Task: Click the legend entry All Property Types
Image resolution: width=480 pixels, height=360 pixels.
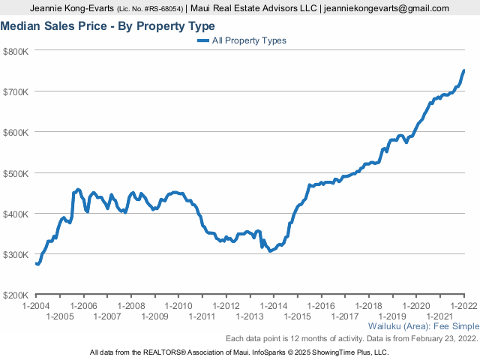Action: pos(249,40)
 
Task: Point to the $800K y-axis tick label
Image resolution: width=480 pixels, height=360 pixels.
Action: pos(16,51)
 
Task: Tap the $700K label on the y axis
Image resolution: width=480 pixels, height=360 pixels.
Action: pos(16,91)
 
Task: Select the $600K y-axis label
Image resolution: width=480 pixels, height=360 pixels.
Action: pos(16,132)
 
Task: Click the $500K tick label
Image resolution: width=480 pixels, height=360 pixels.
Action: pos(16,173)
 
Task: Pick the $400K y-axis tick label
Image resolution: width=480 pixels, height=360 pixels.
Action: pos(16,214)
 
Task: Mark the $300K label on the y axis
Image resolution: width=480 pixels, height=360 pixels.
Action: pos(16,254)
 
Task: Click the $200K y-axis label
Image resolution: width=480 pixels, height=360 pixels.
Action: pos(16,295)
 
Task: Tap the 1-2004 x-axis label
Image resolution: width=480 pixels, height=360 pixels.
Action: pos(37,306)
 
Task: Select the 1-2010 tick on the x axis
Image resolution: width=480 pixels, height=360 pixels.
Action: pos(178,306)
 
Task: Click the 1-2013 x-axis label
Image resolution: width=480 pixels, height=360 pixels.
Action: pos(250,316)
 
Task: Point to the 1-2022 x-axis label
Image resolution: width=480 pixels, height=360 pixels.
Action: pos(463,306)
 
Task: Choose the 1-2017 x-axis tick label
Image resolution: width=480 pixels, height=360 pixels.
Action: pos(344,316)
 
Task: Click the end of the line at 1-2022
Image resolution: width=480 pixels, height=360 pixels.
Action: pos(463,70)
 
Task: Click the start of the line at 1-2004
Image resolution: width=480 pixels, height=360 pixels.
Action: pos(37,264)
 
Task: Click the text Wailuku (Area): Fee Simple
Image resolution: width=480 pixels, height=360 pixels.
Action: pos(424,327)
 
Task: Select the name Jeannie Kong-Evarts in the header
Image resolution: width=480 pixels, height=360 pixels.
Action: pos(73,8)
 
